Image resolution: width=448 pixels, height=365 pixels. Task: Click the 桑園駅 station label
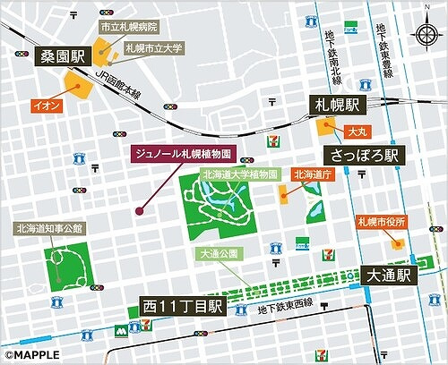(59, 57)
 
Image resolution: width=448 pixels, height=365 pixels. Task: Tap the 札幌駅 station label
(338, 104)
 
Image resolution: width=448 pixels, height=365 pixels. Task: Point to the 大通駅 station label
(386, 276)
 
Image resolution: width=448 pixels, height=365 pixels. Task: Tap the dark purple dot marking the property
(139, 211)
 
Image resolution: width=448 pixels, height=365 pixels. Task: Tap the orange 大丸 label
(357, 131)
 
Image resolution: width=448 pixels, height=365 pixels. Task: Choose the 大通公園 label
(219, 254)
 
